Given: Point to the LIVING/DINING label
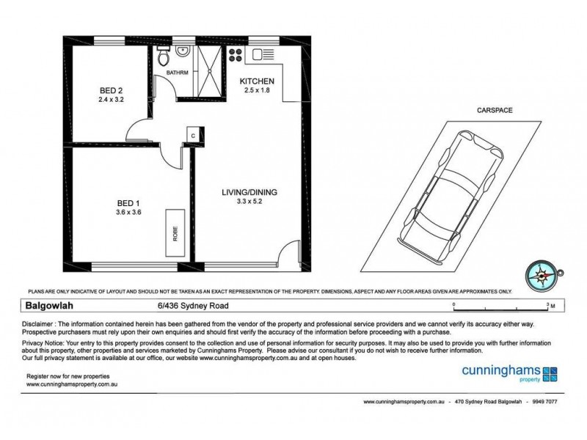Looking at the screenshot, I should coord(249,193).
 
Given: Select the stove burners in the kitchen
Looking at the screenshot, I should coord(237,54).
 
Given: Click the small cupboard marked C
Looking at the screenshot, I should coord(192,136).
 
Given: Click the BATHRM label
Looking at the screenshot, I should coord(177,73).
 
